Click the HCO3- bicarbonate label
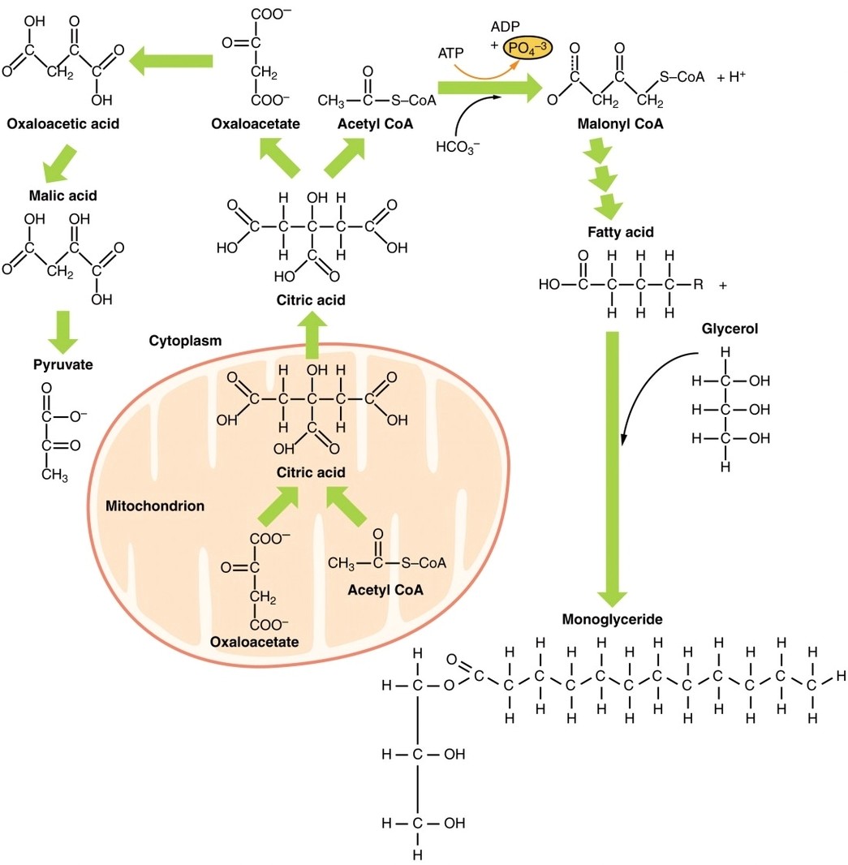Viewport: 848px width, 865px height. pyautogui.click(x=458, y=148)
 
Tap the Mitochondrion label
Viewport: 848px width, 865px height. pyautogui.click(x=154, y=506)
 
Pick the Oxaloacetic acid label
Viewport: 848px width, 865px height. pyautogui.click(x=62, y=125)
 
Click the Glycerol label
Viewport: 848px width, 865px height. pyautogui.click(x=730, y=329)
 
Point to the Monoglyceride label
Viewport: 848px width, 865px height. pyautogui.click(x=612, y=618)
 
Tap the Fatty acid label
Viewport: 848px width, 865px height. pyautogui.click(x=621, y=232)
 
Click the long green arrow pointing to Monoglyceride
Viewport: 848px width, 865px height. pyautogui.click(x=613, y=463)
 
